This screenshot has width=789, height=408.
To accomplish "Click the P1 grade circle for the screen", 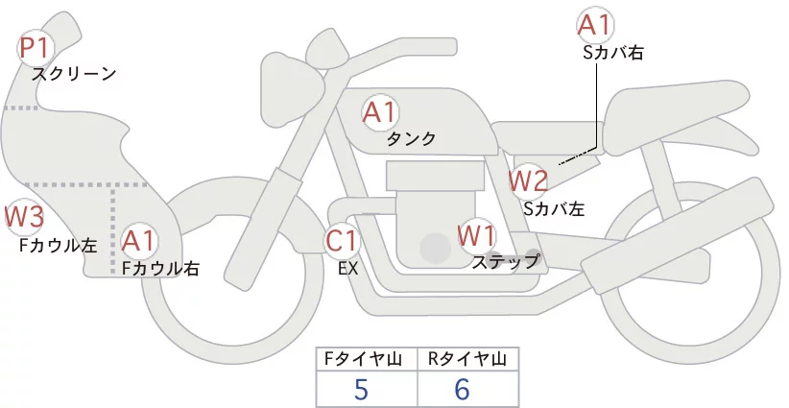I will point(37,47).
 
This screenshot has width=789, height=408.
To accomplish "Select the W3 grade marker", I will point(24,217).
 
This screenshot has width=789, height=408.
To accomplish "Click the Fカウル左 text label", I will point(58,245).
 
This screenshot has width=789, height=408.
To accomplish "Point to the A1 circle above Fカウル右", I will point(139,240).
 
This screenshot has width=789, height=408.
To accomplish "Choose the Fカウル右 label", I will point(159,269).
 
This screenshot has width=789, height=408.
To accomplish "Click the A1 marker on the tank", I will point(379,111).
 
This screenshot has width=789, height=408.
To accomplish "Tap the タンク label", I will point(411,139).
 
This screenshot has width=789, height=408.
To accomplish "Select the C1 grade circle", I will point(343,240).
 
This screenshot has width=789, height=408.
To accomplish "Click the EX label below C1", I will point(348,268).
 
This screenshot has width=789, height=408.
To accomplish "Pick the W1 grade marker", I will point(476,234).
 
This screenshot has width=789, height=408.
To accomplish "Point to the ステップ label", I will point(505,260).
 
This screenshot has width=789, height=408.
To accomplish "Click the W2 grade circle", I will point(528,179).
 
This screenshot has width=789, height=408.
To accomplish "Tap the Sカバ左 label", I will point(554,206).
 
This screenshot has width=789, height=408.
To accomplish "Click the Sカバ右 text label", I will point(612,54).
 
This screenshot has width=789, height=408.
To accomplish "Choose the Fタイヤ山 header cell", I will point(367,359).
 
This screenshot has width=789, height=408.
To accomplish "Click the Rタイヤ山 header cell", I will point(467,359).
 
